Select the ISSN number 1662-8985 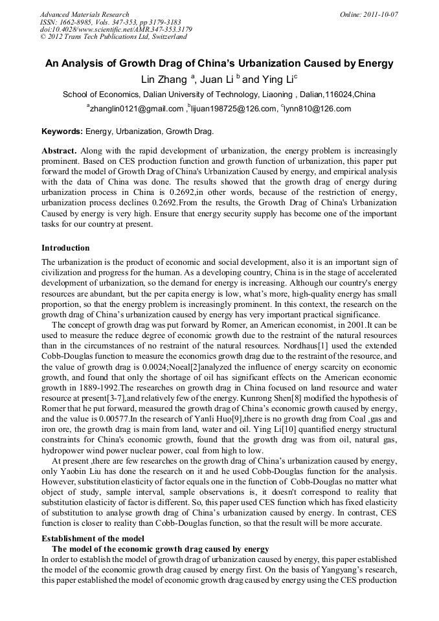83,22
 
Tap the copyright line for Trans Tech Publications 113,37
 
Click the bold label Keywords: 62,131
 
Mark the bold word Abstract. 59,150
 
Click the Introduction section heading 65,248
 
